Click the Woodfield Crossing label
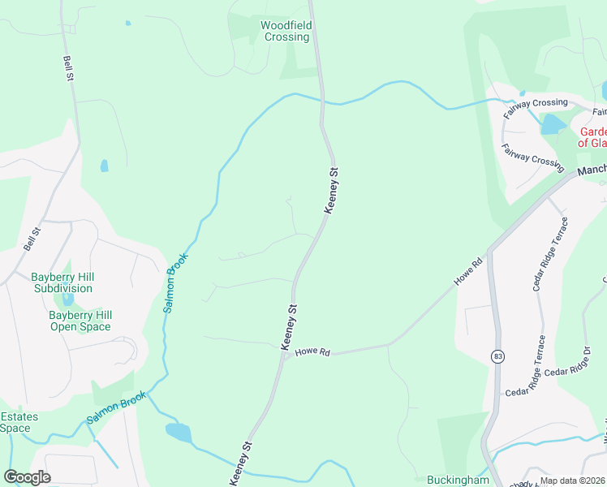(286, 31)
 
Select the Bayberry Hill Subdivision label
(62, 282)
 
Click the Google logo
(28, 477)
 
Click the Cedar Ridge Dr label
(567, 372)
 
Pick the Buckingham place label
(458, 480)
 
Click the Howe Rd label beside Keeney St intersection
(312, 352)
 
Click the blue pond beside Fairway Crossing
(553, 124)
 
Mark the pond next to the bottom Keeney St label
(179, 432)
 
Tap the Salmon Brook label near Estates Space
(116, 409)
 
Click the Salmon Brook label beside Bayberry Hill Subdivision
(175, 282)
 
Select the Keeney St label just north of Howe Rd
(290, 327)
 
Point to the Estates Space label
(19, 422)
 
